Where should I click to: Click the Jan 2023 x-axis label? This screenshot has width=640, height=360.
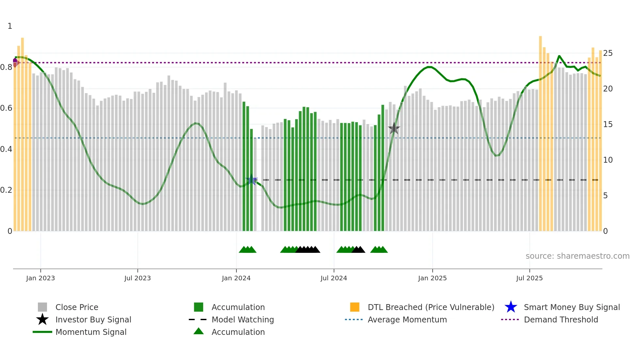coord(40,278)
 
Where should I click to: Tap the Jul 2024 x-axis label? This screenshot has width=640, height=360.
coord(334,278)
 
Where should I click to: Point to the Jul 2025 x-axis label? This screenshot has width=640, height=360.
coord(529,278)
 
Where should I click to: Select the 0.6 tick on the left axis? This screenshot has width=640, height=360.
coord(6,108)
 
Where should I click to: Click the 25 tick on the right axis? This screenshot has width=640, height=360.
coord(608,53)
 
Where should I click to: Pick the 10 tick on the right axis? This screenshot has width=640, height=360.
coord(608,160)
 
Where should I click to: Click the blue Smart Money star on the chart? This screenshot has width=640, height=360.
coord(251,180)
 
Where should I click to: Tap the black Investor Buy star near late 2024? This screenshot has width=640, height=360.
coord(394,128)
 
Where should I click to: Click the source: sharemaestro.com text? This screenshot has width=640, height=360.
coord(577,256)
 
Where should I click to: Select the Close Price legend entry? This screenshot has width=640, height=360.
coord(77,307)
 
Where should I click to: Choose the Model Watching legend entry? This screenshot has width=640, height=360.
coord(243,319)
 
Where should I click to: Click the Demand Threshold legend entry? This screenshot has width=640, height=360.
coord(561,319)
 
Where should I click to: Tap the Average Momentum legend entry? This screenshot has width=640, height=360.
coord(407,319)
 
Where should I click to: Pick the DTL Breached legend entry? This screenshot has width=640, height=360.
coord(431,307)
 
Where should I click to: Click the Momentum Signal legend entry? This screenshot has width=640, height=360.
coord(91,332)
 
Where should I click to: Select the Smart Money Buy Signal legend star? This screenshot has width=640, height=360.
coord(511,307)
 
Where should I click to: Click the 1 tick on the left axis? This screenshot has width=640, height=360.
coord(10,26)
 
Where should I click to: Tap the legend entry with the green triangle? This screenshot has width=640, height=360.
coord(238,332)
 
